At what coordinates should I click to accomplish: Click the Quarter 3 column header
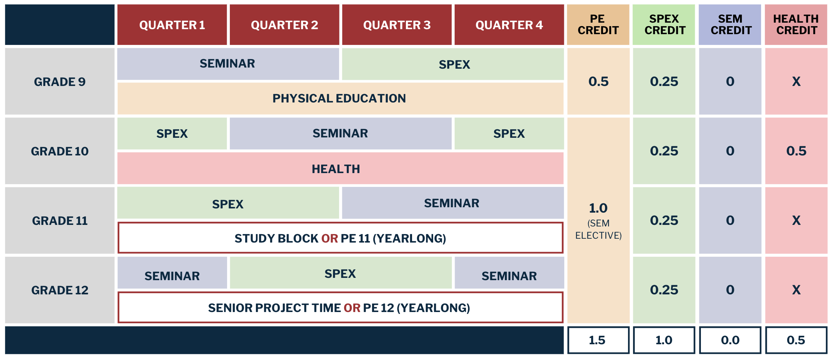tap(397, 25)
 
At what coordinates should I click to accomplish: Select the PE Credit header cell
tap(598, 25)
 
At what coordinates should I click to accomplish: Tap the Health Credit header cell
tap(796, 25)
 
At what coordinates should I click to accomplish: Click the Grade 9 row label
tap(60, 81)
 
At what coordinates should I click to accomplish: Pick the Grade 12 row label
tap(60, 290)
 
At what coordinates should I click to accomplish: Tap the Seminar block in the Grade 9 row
tap(227, 64)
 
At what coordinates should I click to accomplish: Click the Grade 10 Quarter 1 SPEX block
tap(172, 134)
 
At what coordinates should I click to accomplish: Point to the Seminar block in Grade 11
tap(452, 203)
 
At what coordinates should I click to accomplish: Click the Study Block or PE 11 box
tap(340, 238)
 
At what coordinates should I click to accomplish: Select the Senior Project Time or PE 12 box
tap(340, 308)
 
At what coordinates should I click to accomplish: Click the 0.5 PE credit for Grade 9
tap(598, 81)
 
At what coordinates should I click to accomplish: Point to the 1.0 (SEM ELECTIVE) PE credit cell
tap(598, 221)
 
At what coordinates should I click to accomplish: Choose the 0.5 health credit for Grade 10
tap(796, 151)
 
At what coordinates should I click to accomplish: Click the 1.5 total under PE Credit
tap(598, 340)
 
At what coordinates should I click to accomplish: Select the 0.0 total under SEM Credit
tap(730, 340)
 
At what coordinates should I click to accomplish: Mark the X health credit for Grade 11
tap(796, 220)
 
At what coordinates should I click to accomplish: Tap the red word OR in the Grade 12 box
tap(352, 308)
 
